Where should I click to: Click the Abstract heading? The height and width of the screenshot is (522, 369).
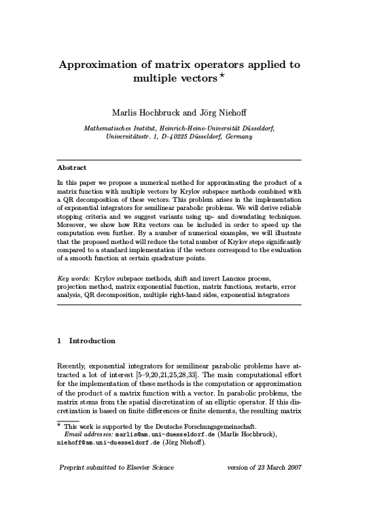click(x=71, y=167)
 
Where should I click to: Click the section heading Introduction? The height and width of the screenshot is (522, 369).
click(x=92, y=341)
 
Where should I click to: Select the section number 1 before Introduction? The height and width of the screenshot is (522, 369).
click(x=60, y=341)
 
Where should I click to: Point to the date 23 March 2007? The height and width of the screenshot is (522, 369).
click(x=275, y=468)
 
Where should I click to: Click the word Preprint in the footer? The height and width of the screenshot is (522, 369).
click(x=75, y=468)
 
